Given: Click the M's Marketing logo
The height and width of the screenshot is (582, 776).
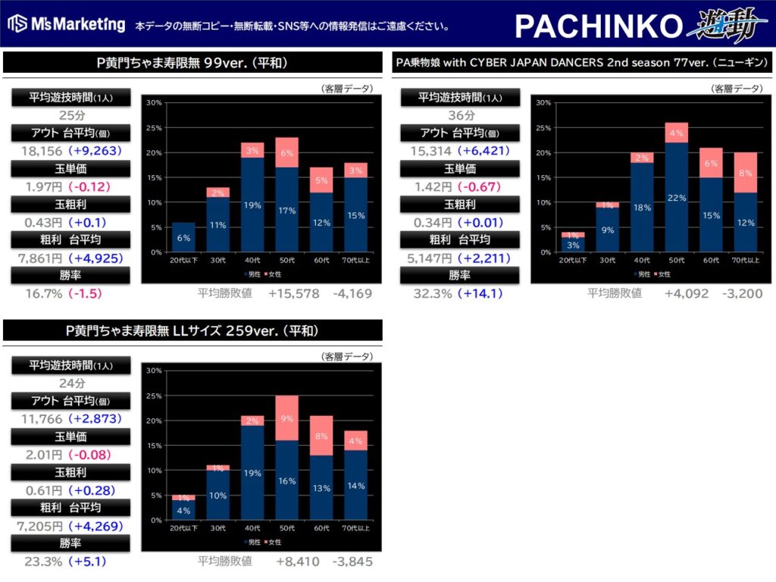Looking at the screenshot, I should (67, 24).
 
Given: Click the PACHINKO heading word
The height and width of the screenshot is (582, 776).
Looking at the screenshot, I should (599, 26).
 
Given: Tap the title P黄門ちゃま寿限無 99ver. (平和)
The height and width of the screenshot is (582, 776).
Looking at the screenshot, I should (192, 63).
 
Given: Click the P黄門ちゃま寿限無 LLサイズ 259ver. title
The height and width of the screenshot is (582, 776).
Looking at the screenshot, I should (192, 330).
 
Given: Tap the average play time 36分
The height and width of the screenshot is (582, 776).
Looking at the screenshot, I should (460, 115).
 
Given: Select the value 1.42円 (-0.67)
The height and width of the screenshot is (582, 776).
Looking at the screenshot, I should (460, 186).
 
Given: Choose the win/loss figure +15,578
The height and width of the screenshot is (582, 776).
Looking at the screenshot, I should (293, 293).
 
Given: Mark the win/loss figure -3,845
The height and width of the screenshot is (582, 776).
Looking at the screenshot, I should (352, 562).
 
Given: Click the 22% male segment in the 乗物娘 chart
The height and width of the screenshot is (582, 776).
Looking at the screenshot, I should (677, 198).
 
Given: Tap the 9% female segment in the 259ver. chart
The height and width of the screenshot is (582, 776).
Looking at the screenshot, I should (287, 418).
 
